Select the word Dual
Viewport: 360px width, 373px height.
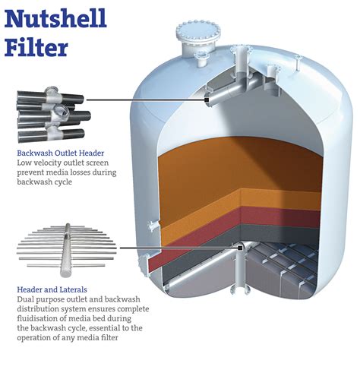coord(25,299)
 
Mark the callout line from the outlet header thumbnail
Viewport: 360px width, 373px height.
coord(144,99)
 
